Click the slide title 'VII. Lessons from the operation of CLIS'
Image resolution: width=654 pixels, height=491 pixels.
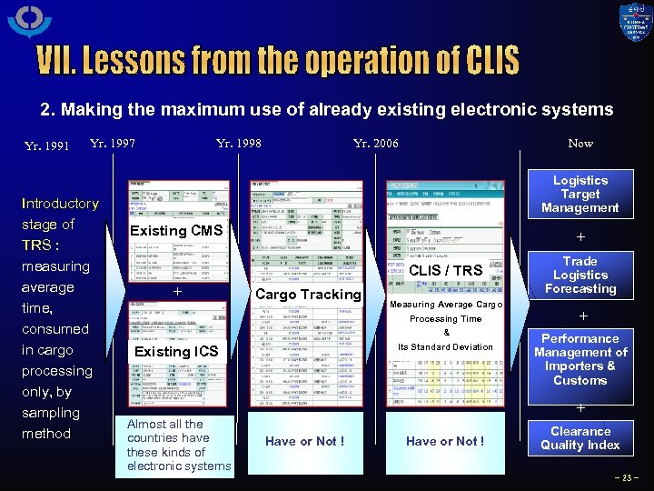click(278, 61)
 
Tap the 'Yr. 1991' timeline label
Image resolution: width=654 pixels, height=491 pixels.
click(46, 145)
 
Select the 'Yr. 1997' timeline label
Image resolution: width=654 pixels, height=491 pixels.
click(113, 143)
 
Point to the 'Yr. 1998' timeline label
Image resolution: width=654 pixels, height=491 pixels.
click(239, 143)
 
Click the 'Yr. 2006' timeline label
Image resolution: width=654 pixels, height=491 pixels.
click(375, 143)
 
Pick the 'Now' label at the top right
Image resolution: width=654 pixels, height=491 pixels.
click(580, 143)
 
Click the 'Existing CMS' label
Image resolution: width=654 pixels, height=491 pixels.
click(176, 231)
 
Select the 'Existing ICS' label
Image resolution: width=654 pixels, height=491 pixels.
click(176, 352)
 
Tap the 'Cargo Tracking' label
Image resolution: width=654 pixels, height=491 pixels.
click(308, 294)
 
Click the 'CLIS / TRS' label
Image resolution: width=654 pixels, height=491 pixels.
click(447, 270)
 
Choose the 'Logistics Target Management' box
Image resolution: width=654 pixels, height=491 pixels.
click(580, 194)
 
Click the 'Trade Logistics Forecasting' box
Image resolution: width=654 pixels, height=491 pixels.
click(580, 275)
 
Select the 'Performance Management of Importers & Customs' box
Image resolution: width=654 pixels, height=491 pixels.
click(580, 359)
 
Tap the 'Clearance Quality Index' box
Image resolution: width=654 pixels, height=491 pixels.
click(580, 438)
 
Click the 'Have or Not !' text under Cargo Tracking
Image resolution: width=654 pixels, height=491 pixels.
click(305, 441)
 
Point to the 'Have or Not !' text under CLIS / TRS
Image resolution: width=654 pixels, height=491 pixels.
click(445, 441)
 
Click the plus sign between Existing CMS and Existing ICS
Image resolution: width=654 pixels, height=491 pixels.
click(177, 293)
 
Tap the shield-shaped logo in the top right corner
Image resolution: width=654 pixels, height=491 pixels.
click(635, 22)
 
